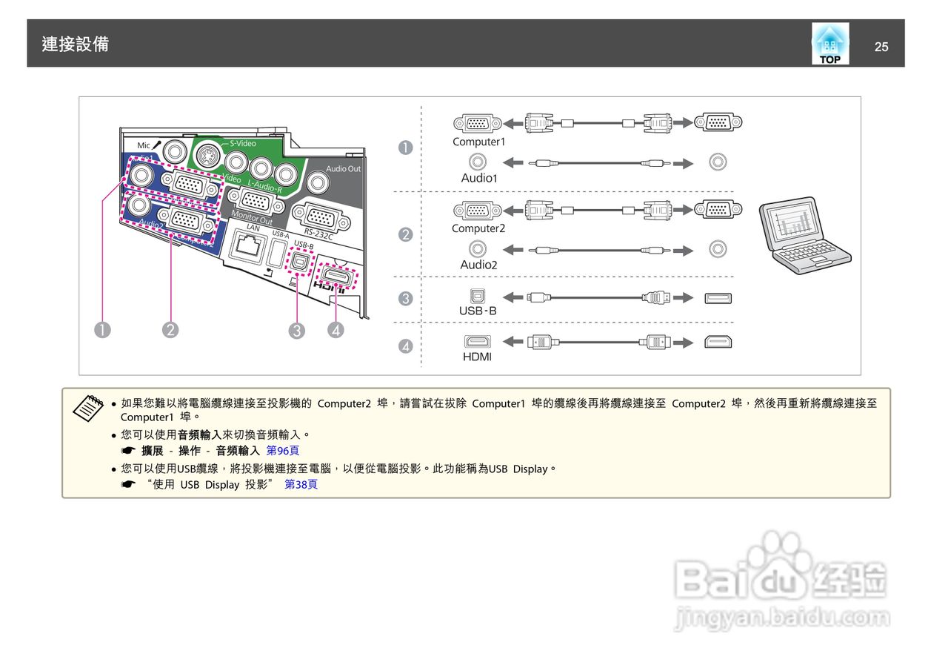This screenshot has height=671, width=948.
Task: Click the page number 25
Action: pos(881,47)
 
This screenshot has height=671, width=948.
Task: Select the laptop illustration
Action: pos(805,235)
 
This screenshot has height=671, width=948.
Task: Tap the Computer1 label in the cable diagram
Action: pos(478,142)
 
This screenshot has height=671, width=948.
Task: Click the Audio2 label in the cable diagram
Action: pos(478,265)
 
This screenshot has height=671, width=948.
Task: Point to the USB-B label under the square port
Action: pos(478,311)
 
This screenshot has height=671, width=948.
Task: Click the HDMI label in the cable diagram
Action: pos(477,357)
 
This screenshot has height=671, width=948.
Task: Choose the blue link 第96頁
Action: pos(283,451)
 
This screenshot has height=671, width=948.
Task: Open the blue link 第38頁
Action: pos(301,485)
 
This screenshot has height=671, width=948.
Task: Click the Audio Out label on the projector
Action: pos(344,168)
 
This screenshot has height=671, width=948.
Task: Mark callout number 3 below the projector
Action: pos(297,331)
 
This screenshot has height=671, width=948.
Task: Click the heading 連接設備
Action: pos(76,44)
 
